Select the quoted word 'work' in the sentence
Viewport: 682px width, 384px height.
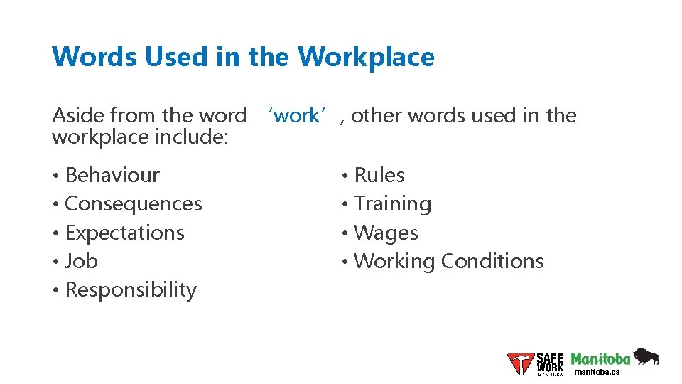(x=296, y=115)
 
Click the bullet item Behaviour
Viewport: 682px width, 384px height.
(x=112, y=175)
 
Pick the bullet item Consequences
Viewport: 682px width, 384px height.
(x=134, y=204)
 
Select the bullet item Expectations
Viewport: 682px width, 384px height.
(x=124, y=233)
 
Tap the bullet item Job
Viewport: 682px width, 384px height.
(x=81, y=261)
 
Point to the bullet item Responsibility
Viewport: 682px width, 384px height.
(x=131, y=290)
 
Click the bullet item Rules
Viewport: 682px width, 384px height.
(x=379, y=175)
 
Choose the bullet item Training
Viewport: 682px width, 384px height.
(x=392, y=204)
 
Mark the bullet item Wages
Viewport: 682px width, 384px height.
(x=386, y=233)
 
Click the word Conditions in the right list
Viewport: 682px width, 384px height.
(x=492, y=261)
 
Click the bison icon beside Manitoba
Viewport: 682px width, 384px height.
(x=646, y=356)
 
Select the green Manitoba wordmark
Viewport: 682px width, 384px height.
(x=600, y=358)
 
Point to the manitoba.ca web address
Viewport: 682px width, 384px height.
(x=597, y=372)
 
